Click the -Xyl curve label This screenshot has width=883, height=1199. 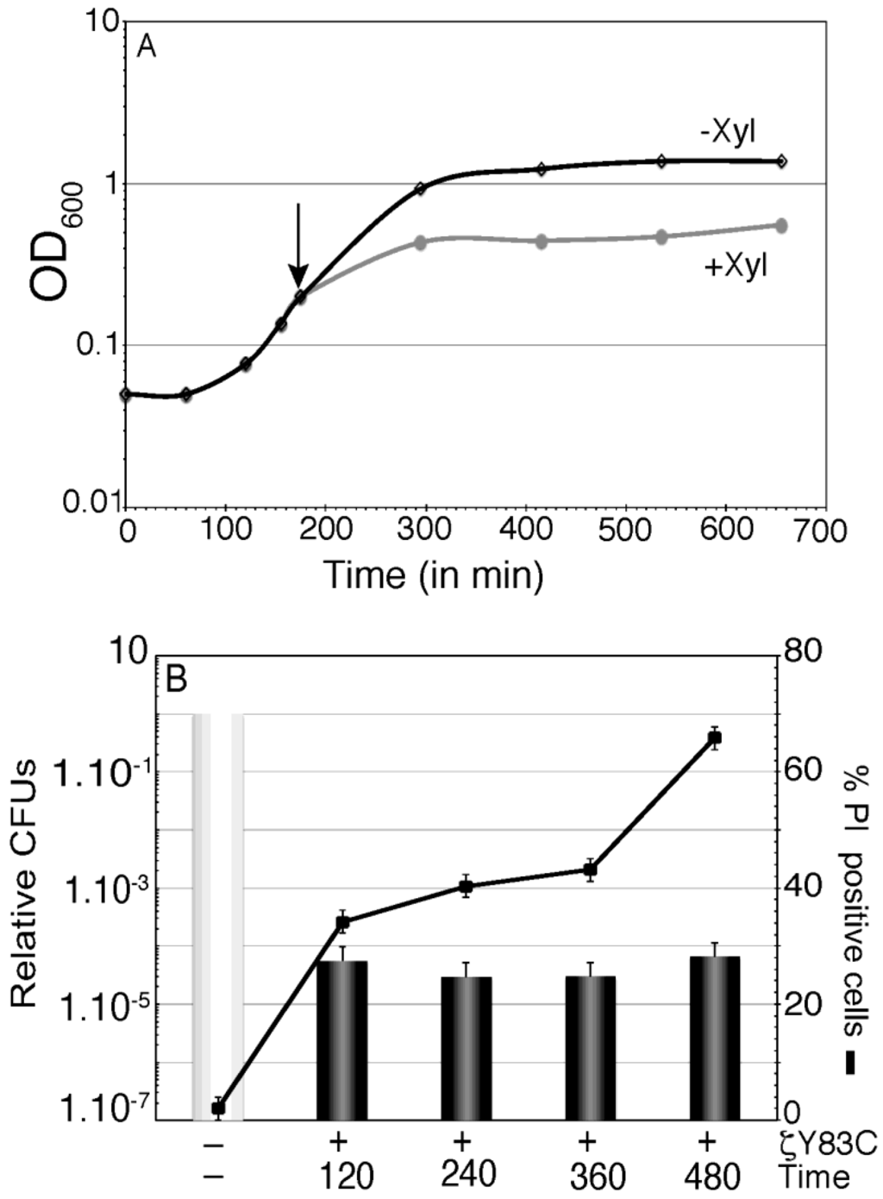point(733,136)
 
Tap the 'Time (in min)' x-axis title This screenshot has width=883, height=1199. point(434,574)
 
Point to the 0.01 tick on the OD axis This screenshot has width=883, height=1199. point(89,502)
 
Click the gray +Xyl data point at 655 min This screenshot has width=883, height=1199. point(781,225)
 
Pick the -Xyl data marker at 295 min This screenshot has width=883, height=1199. point(421,188)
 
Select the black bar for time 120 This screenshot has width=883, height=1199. point(342,1039)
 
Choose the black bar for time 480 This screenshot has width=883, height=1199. point(714,1038)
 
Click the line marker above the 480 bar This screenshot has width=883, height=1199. point(714,737)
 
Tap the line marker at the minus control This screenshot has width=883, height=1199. point(218,1108)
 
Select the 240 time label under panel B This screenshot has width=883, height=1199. point(467,1174)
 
